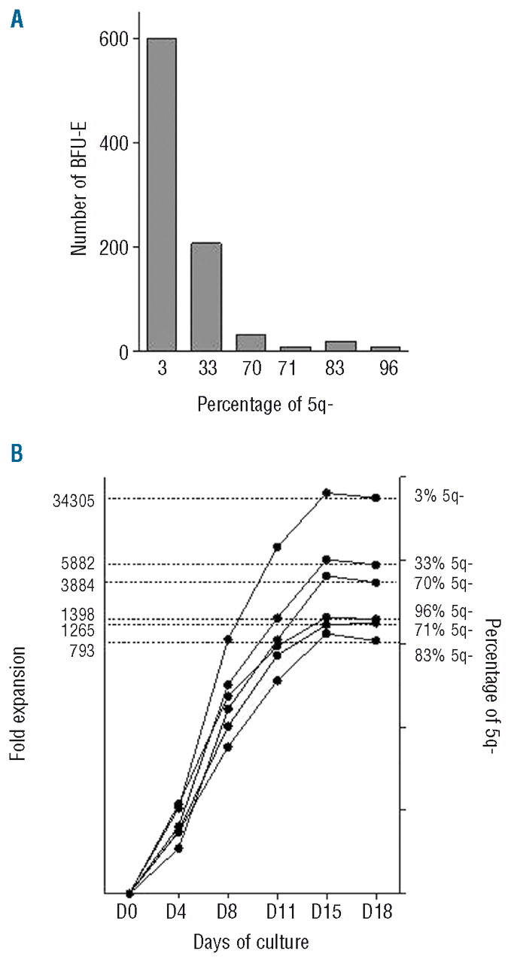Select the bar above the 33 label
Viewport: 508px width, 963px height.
coord(205,296)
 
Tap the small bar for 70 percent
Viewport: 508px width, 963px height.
coord(251,343)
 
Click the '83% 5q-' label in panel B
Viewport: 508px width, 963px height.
coord(443,655)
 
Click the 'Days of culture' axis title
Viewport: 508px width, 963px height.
coord(251,941)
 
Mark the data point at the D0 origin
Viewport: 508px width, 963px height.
coord(130,894)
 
